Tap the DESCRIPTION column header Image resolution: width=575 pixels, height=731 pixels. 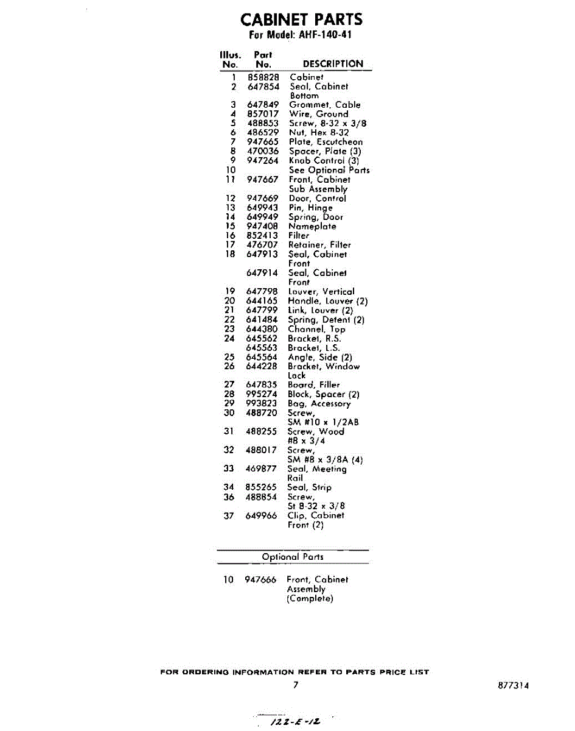tap(333, 63)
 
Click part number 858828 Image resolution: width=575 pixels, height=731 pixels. tap(263, 77)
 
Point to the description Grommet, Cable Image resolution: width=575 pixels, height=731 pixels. tap(324, 105)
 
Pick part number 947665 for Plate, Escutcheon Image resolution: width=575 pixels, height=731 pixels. tap(263, 142)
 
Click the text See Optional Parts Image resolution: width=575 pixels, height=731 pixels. tap(329, 170)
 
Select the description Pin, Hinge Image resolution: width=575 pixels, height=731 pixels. tap(310, 208)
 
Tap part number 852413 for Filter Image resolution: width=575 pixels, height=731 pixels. tap(262, 235)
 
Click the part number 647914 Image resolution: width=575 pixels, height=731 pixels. tap(262, 273)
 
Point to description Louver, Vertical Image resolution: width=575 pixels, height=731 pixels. tap(321, 292)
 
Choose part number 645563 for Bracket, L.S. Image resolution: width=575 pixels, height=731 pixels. tap(262, 348)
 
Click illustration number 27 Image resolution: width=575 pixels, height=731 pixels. tap(229, 385)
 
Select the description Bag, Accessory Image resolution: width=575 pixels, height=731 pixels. tap(319, 403)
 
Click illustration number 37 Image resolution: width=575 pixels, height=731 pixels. tap(229, 515)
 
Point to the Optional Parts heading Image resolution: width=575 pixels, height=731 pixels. tap(293, 557)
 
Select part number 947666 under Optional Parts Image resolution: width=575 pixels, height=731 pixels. tap(260, 580)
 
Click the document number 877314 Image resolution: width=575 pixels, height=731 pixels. tap(513, 685)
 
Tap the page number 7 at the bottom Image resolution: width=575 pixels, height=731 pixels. tap(296, 685)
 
